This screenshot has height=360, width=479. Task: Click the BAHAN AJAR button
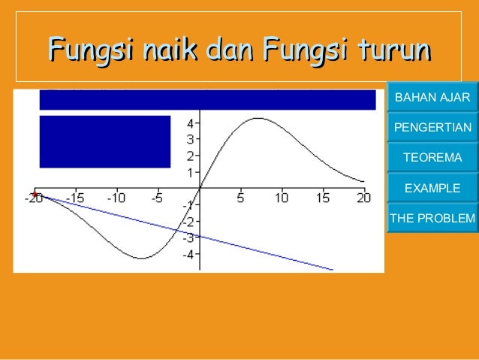(x=432, y=98)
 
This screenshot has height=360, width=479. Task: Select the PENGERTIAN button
(x=432, y=128)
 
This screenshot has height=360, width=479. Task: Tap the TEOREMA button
(x=432, y=158)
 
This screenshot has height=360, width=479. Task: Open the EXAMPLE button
(x=432, y=188)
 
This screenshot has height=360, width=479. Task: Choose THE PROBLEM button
(x=432, y=219)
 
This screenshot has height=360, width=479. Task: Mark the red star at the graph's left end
(x=35, y=195)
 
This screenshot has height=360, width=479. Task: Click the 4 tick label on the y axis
(x=191, y=123)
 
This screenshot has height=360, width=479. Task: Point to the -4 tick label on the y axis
(x=190, y=254)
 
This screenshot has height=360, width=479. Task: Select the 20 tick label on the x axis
(x=364, y=198)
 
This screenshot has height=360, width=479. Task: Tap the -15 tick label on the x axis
(x=75, y=198)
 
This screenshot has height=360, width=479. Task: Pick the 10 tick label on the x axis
(x=282, y=198)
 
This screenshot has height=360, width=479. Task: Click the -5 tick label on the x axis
(x=157, y=198)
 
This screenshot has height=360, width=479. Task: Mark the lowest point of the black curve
(x=141, y=259)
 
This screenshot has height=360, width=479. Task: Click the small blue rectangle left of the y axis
(x=104, y=141)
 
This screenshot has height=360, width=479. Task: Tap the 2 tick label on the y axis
(x=191, y=156)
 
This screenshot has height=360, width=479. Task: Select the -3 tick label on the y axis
(x=190, y=237)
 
